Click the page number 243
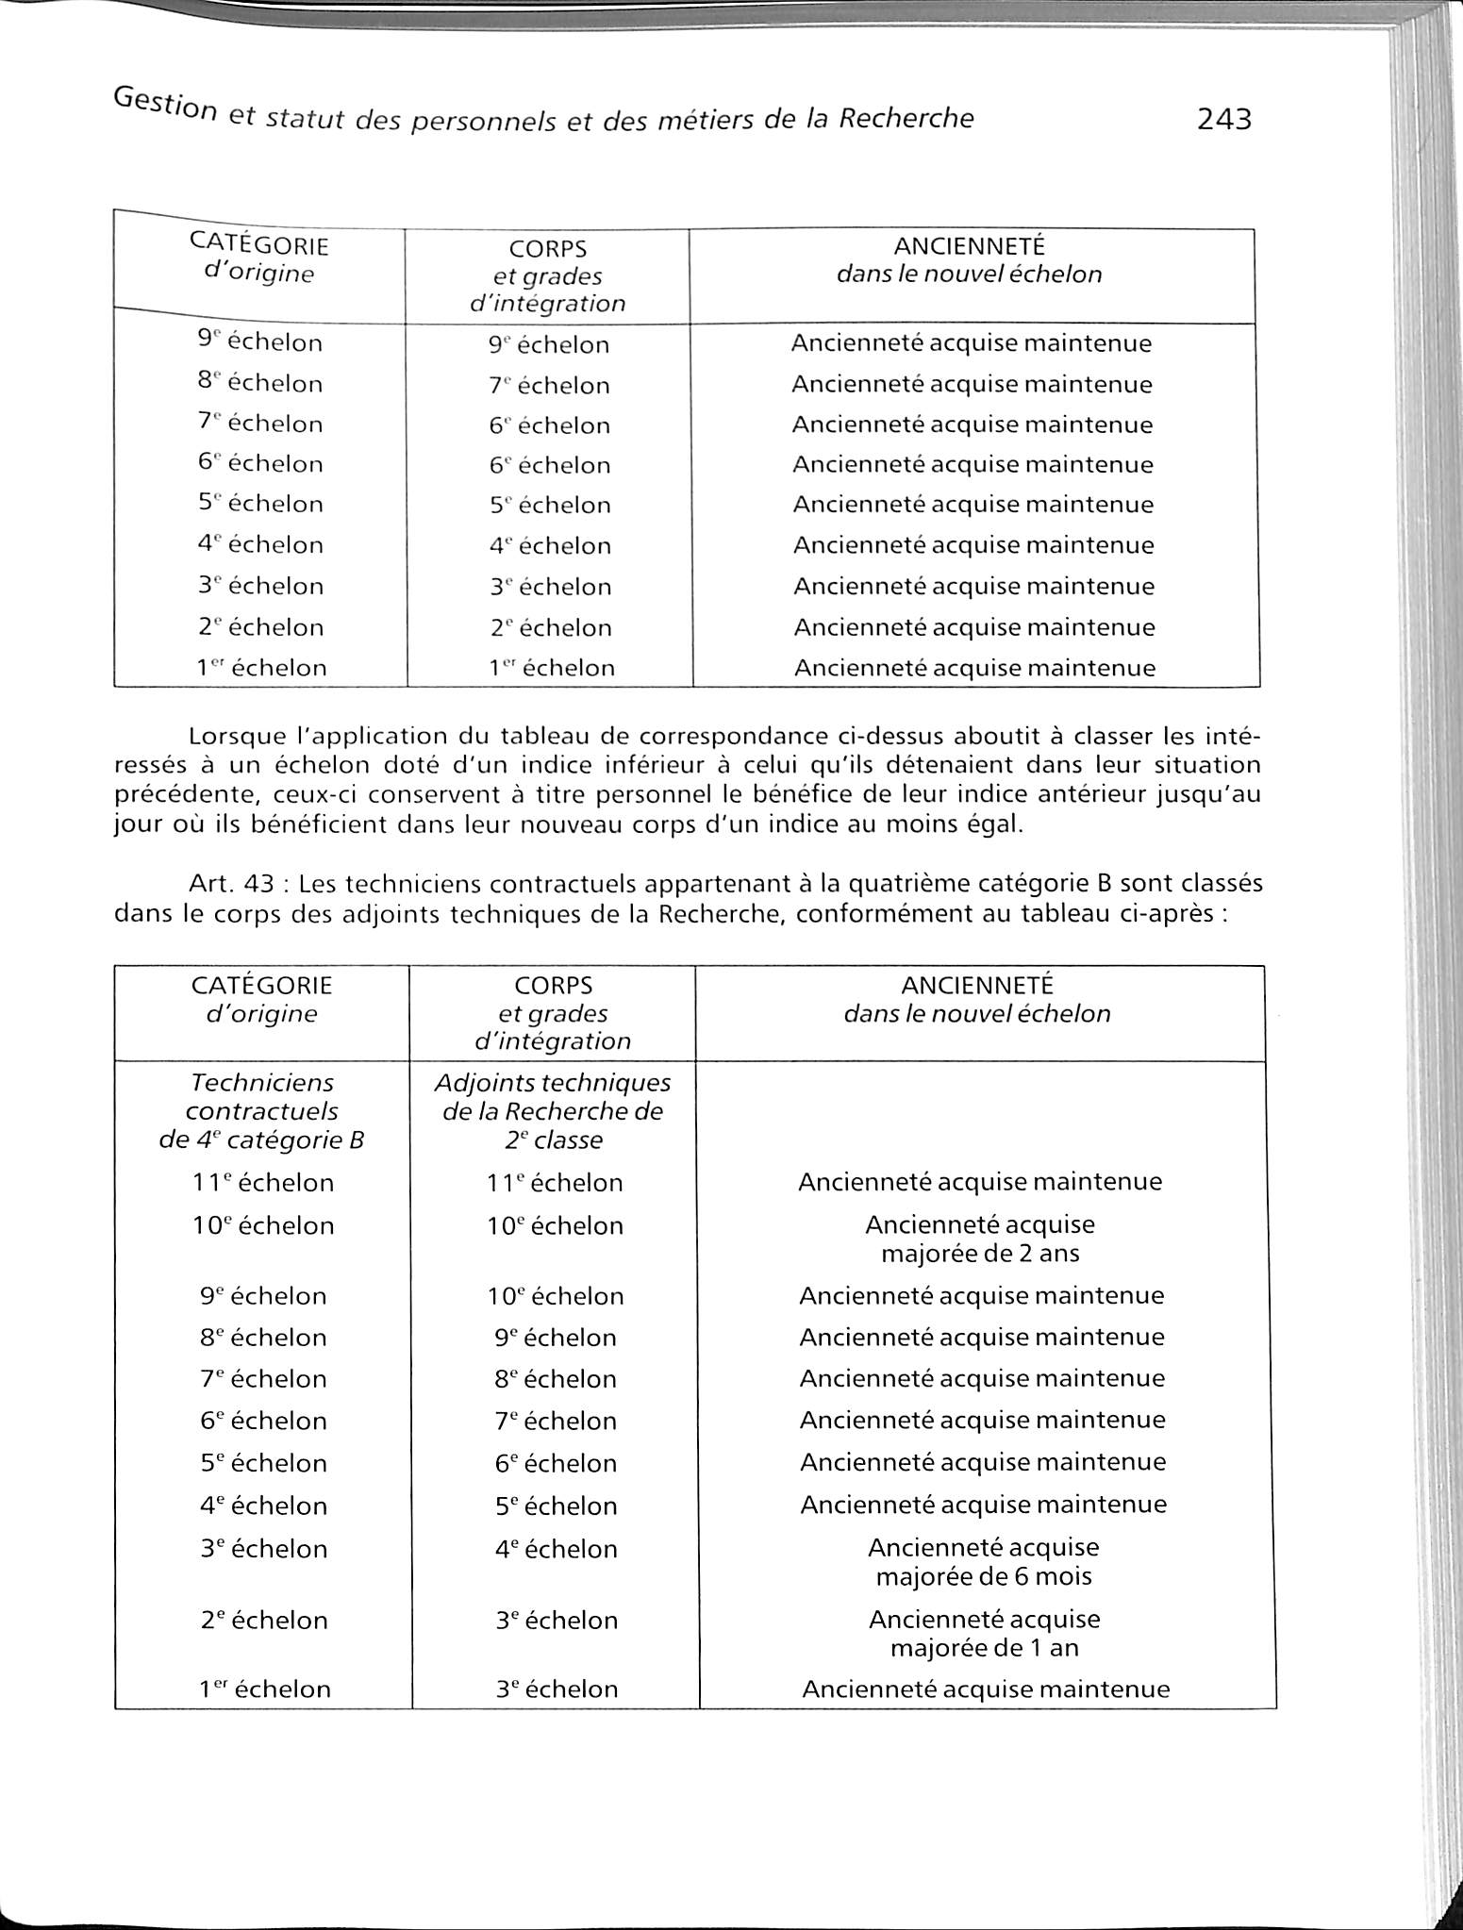pos(1223,120)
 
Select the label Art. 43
pos(231,885)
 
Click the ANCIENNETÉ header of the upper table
pos(969,246)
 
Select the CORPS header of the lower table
pos(553,986)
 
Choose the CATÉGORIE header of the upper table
pos(259,245)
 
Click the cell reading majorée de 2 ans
pos(980,1254)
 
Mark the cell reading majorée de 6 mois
pos(984,1576)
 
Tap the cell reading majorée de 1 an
pos(984,1648)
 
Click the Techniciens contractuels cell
pos(261,1111)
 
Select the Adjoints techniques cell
pos(553,1111)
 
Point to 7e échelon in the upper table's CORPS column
pos(549,386)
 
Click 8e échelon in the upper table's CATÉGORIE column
pos(260,384)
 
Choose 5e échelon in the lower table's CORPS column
pos(556,1506)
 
